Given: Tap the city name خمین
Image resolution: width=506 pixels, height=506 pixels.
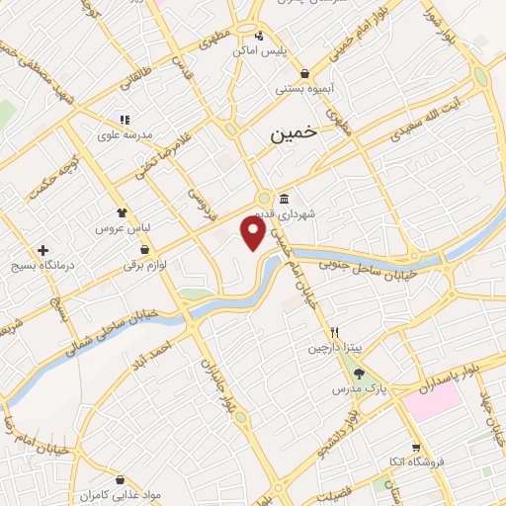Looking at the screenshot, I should (295, 135).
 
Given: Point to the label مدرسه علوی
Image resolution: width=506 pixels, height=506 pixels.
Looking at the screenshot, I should (124, 133).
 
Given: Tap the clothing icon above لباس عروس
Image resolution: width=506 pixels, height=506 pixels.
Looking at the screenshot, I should (122, 211).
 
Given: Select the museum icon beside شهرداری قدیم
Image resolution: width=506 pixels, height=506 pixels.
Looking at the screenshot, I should (285, 198).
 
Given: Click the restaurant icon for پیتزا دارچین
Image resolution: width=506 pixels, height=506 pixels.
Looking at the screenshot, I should (335, 332).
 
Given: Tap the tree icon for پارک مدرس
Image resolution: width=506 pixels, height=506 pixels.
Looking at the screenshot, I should (357, 376).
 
